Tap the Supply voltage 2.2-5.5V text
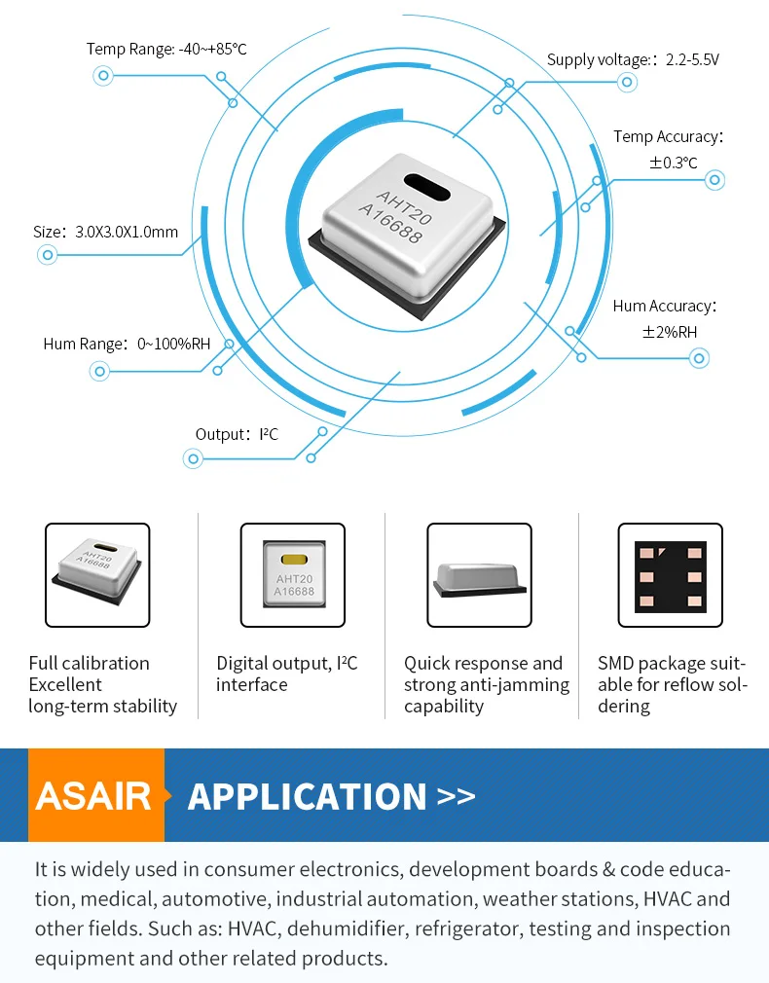(633, 60)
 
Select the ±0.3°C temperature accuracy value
(674, 163)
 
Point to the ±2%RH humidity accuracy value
(670, 332)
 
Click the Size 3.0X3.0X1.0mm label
(105, 232)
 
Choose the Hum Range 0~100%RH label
(127, 344)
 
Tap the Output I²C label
(237, 434)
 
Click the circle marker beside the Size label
(46, 256)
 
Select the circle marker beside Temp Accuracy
(715, 180)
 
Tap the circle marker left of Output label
(193, 458)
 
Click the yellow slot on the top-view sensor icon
(293, 560)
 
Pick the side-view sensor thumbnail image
(480, 575)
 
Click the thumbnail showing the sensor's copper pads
(671, 575)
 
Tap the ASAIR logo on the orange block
(94, 796)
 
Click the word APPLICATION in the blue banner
(307, 796)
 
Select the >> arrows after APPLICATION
(457, 796)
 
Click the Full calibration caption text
(89, 664)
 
